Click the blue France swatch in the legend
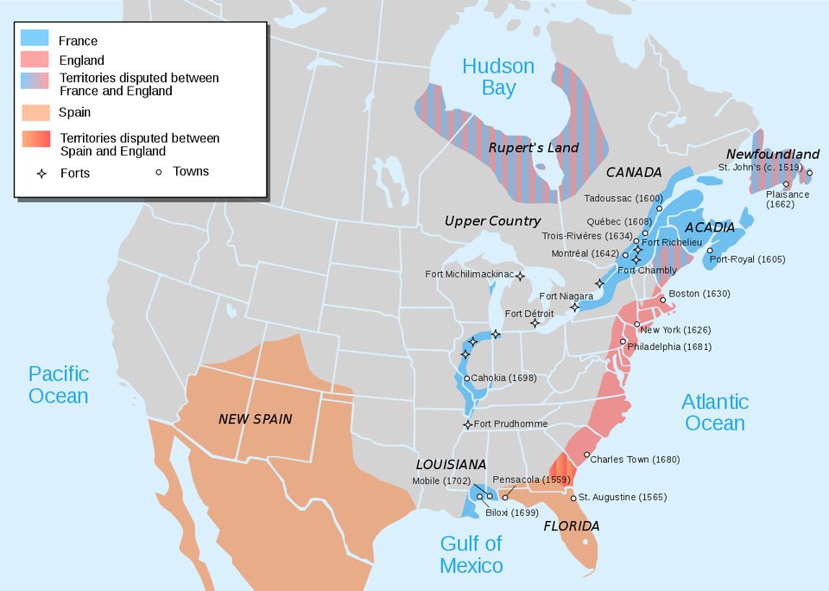point(34,40)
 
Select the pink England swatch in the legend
point(34,60)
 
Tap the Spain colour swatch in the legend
point(34,112)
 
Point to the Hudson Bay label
point(498,77)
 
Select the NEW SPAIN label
point(255,419)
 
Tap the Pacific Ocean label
point(59,384)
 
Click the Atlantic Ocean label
point(715,412)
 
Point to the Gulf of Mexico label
point(471,554)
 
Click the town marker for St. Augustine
point(573,497)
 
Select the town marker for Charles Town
point(587,455)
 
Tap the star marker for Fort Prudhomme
point(468,424)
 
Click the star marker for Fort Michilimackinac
point(521,276)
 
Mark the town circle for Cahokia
point(467,378)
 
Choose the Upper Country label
point(492,221)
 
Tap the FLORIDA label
point(571,525)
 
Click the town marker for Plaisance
point(786,184)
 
